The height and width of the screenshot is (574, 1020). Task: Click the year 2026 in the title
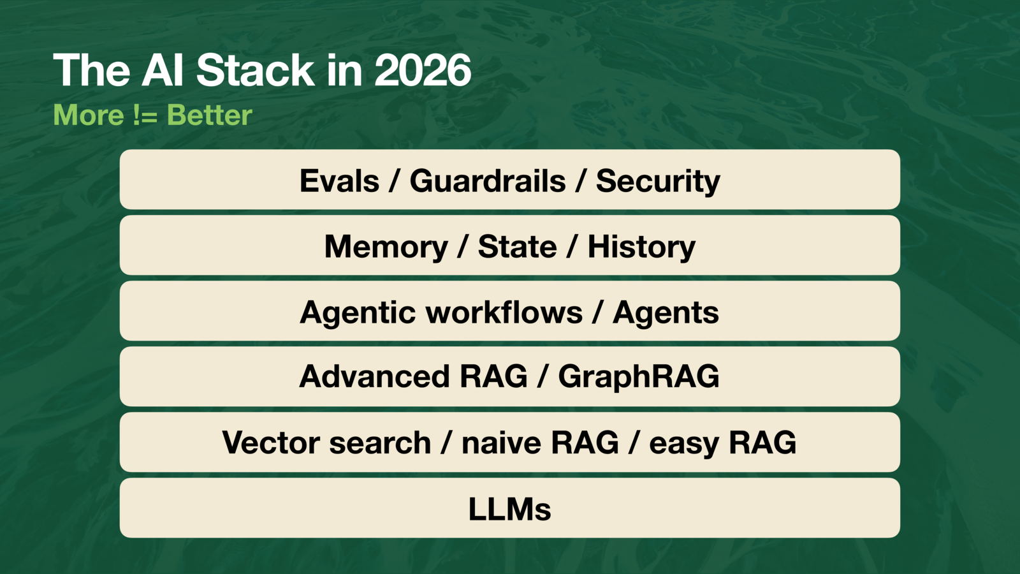423,70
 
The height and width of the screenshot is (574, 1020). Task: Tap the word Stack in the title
255,70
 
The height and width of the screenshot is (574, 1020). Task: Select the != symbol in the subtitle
145,115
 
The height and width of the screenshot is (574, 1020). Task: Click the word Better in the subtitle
209,115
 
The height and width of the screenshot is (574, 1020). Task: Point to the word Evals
339,181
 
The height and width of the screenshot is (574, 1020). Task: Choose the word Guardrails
488,181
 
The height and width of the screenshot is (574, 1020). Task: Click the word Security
658,181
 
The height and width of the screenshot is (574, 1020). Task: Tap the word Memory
386,247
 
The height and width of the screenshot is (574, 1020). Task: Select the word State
517,247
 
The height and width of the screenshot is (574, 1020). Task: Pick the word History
641,247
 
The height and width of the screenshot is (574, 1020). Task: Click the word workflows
504,313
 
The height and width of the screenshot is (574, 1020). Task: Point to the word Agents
666,313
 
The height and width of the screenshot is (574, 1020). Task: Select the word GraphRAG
639,376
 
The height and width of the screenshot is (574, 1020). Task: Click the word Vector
263,443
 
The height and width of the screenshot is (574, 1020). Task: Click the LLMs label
509,509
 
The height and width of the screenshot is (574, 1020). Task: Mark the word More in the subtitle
89,115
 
